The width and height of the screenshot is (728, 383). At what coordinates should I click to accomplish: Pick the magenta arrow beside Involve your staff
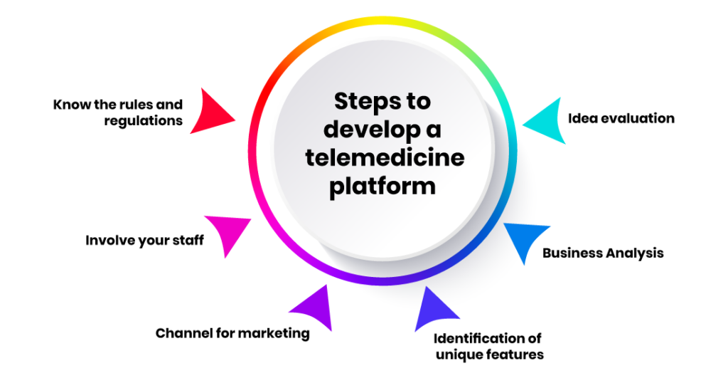(x=227, y=233)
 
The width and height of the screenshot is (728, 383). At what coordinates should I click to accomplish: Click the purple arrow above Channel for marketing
(x=314, y=307)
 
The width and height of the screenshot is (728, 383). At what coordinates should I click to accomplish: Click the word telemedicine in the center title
(x=385, y=157)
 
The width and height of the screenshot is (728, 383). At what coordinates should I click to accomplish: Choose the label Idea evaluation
(x=621, y=118)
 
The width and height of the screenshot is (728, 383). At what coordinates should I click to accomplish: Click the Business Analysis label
(x=603, y=253)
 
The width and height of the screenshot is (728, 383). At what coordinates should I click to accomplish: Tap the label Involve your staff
(x=144, y=240)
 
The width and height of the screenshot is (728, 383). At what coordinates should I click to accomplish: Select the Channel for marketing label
(x=232, y=333)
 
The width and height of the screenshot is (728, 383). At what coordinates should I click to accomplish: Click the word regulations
(x=143, y=121)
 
